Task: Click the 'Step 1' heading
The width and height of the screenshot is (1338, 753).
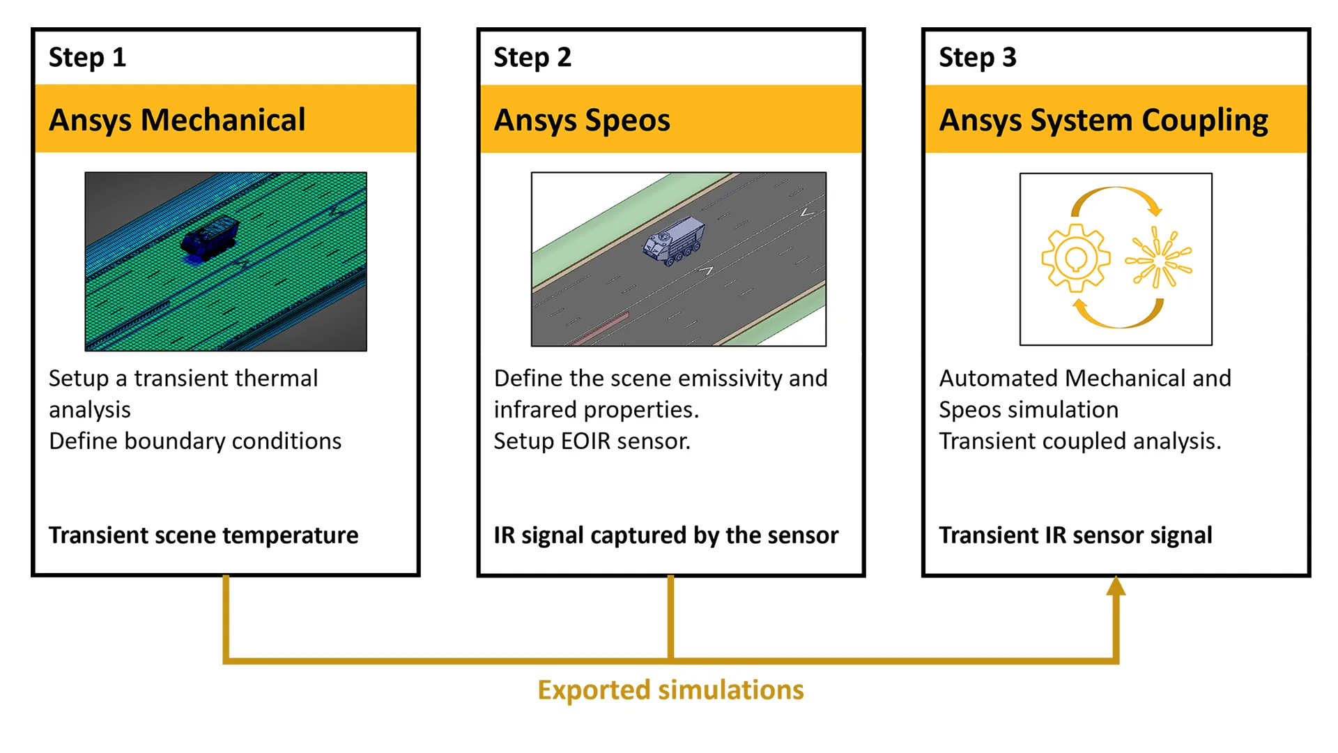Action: click(x=87, y=57)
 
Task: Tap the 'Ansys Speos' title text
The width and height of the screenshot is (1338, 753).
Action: click(x=582, y=120)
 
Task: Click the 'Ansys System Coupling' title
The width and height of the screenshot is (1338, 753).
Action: click(x=1103, y=120)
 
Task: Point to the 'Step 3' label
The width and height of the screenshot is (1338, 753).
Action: click(x=977, y=57)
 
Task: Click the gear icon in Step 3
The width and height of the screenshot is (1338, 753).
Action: click(x=1075, y=259)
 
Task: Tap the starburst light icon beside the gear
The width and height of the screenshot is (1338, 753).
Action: click(x=1158, y=259)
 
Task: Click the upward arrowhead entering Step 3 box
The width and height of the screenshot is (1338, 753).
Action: click(x=1116, y=587)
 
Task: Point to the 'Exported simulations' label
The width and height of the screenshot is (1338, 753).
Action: click(x=670, y=690)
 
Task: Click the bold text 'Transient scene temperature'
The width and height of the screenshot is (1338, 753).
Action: click(x=203, y=535)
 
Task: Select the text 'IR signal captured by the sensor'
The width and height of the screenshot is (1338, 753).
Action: click(x=666, y=535)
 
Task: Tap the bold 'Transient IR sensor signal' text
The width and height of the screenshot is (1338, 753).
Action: click(x=1075, y=535)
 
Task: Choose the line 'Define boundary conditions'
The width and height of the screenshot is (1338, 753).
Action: click(x=195, y=441)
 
